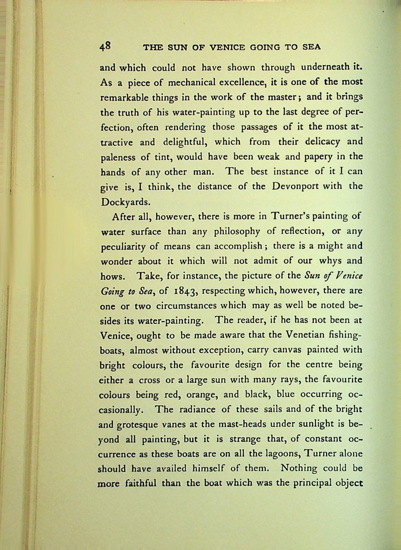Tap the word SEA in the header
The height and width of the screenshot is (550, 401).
tap(311, 47)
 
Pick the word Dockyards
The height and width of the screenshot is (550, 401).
tap(124, 202)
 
